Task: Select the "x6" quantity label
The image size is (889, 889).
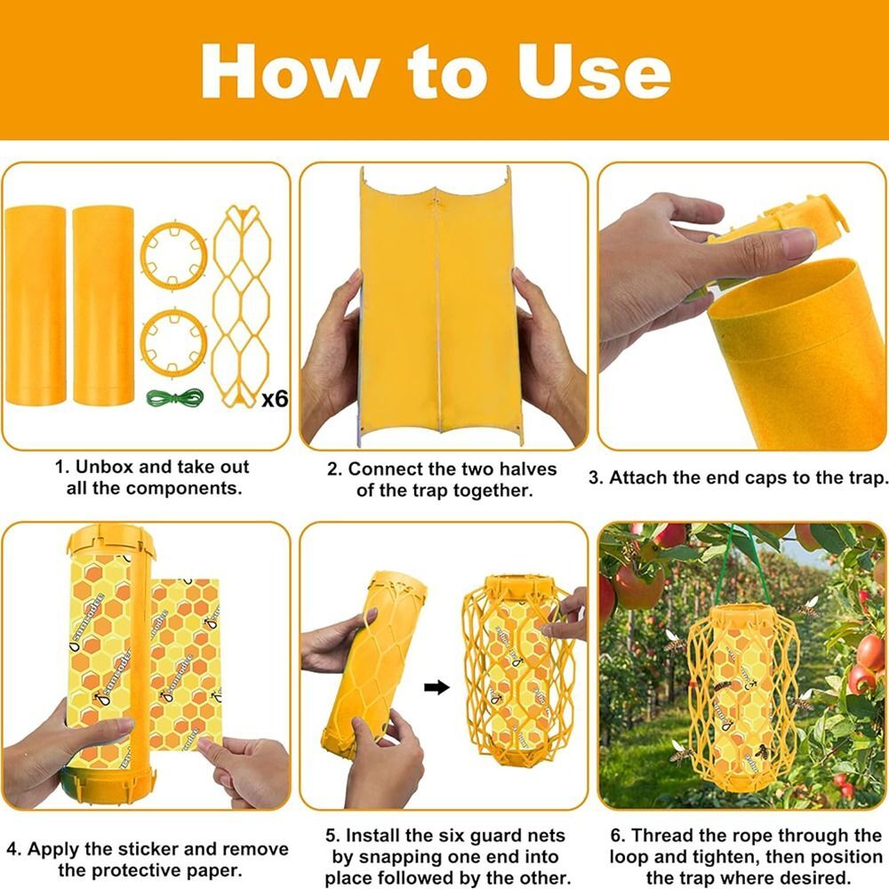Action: (x=275, y=399)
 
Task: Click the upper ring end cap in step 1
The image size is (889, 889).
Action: (x=173, y=255)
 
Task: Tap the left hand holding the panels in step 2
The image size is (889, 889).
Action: (x=331, y=356)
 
